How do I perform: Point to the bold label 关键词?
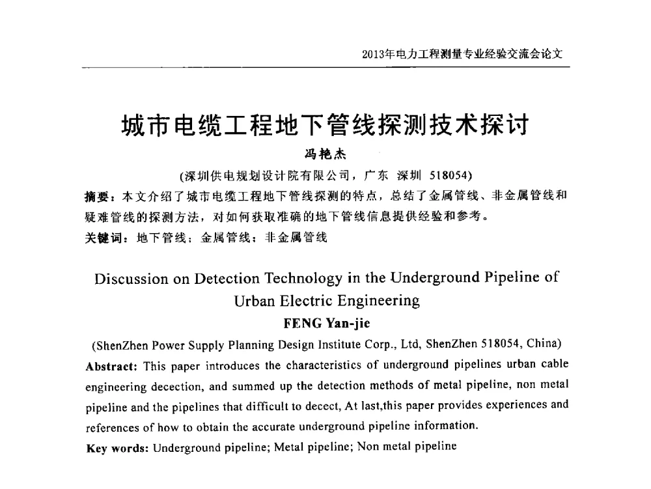coord(103,238)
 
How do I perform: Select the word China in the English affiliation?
coord(542,344)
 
